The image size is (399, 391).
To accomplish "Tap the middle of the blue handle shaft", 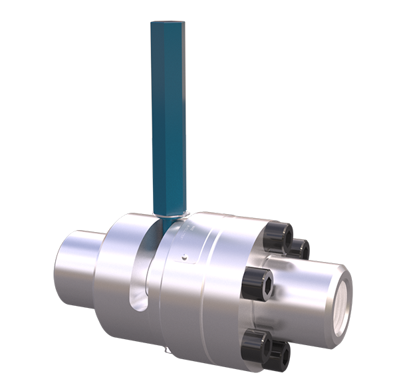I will point(168,120).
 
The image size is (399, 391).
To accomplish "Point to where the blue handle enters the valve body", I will point(168,214).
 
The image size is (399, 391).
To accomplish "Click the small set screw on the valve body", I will point(184,255).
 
